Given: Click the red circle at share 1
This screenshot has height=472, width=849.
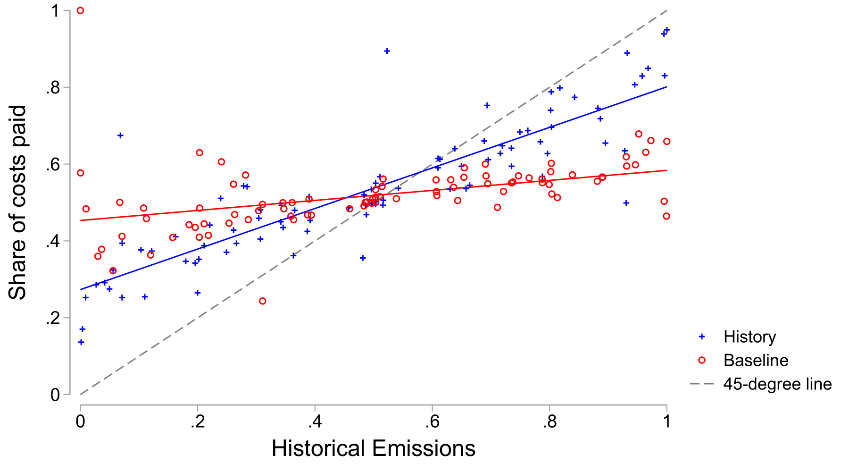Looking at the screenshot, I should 80,10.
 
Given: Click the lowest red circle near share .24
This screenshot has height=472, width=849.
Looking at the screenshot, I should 263,301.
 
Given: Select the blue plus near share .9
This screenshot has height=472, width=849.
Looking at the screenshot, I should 387,51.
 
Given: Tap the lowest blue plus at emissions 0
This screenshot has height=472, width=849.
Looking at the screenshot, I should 81,342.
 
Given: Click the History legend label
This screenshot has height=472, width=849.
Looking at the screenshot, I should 749,337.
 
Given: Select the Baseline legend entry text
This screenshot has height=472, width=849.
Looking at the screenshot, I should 756,361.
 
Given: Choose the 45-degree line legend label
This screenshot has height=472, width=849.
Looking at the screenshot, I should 777,384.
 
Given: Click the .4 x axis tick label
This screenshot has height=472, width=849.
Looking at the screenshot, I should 315,421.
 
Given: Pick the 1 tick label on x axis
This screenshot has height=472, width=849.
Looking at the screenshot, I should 666,421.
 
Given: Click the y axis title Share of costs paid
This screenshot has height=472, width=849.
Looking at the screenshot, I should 17,203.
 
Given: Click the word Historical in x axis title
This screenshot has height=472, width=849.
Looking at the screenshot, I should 318,448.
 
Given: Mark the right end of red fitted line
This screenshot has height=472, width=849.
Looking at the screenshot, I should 666,170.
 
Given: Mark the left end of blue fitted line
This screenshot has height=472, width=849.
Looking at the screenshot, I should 81,289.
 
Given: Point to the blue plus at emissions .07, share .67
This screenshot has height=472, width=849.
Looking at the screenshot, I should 120,135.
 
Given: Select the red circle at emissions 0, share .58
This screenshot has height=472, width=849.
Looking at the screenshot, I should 80,173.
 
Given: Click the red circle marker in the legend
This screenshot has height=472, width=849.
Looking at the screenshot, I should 702,361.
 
